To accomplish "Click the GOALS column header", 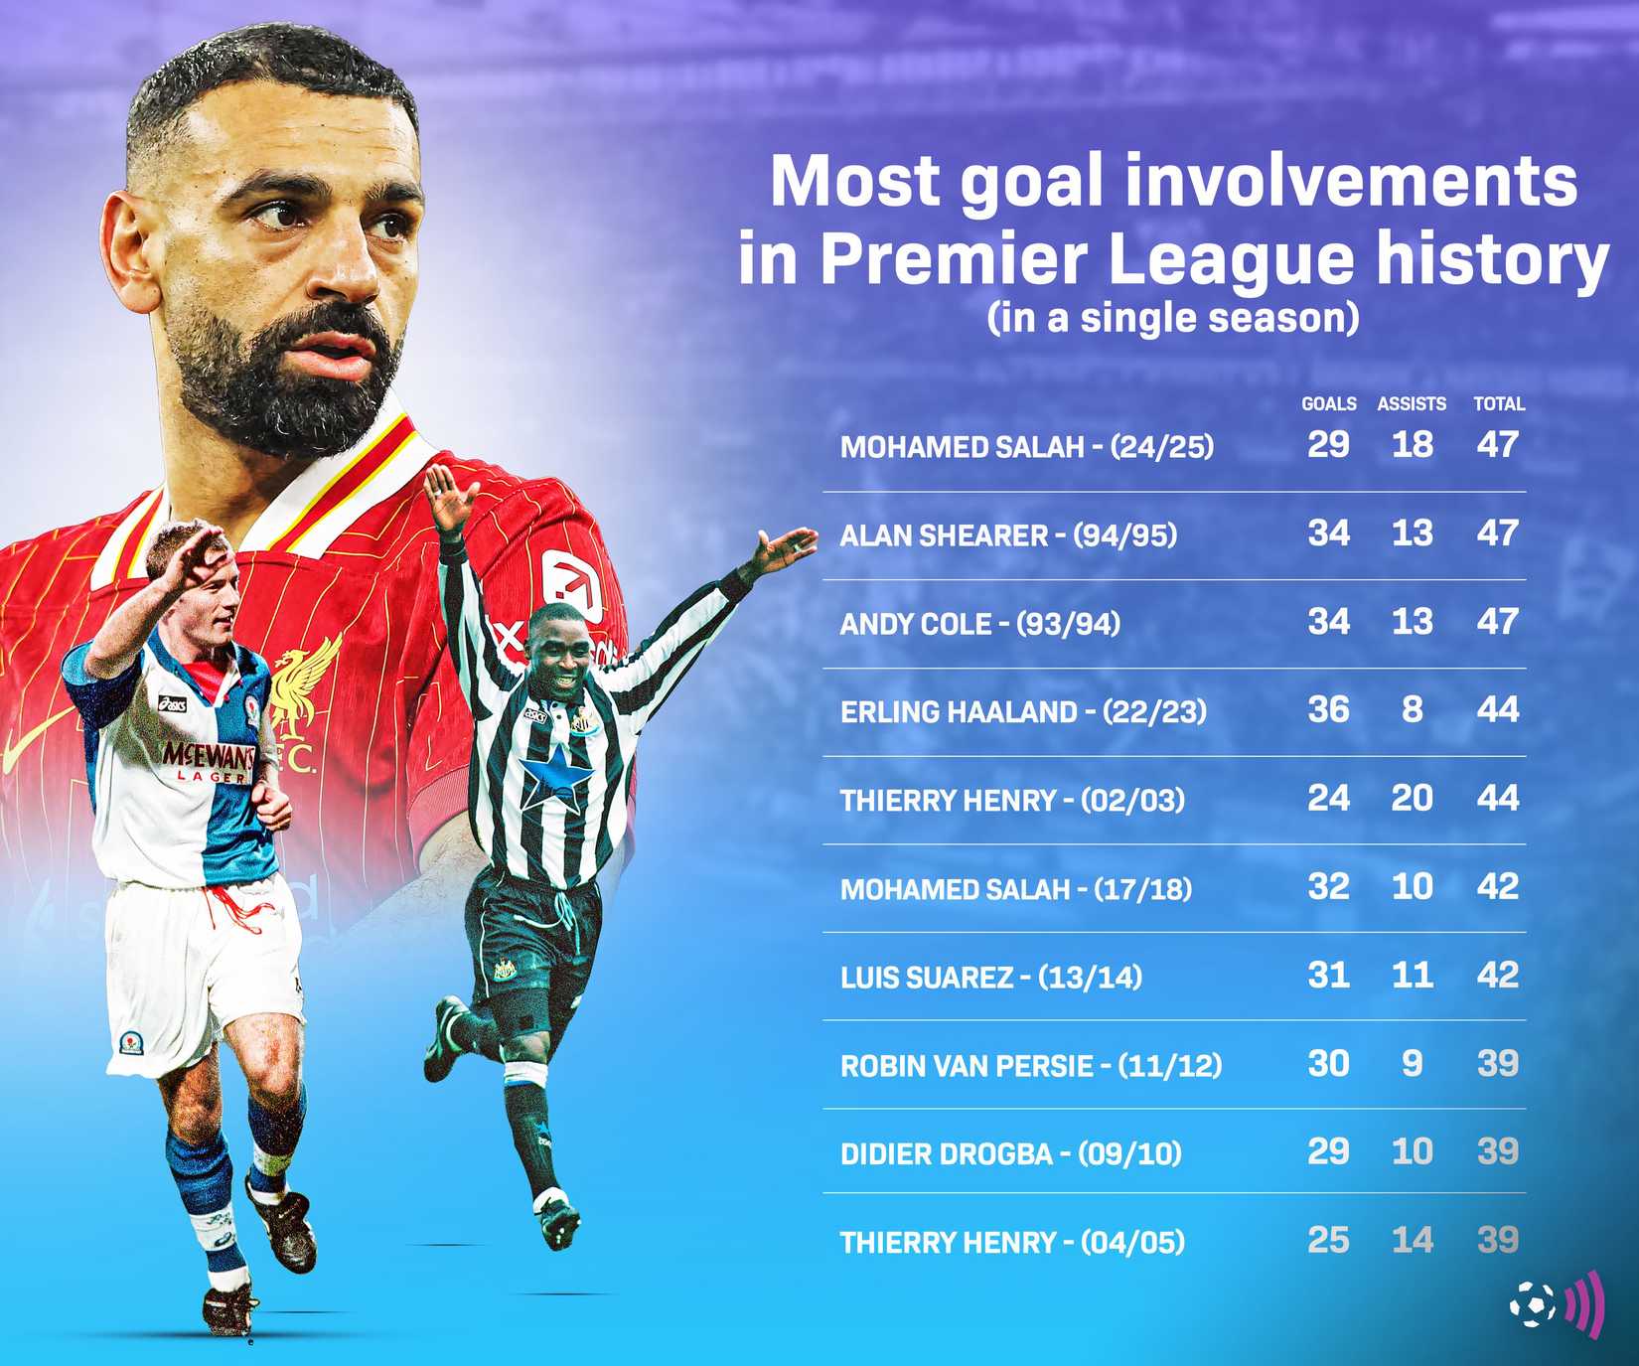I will coord(1328,404).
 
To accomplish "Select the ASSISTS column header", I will coord(1411,404).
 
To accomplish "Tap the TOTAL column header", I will coord(1498,404).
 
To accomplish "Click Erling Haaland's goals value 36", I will coord(1328,709).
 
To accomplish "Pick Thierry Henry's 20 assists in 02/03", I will coord(1412,798).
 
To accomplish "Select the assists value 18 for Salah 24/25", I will coord(1412,444).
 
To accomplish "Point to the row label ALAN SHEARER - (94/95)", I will coord(1008,535).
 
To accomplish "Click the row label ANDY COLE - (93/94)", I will coord(979,624).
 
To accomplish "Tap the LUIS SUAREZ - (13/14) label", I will coord(990,978).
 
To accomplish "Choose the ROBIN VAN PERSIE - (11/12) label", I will coord(1030,1066).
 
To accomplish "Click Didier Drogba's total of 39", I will coord(1498,1151).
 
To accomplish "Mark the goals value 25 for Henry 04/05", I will coord(1328,1240).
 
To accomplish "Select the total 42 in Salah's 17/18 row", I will coord(1498,886).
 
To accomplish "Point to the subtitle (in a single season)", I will coord(1173,318).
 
